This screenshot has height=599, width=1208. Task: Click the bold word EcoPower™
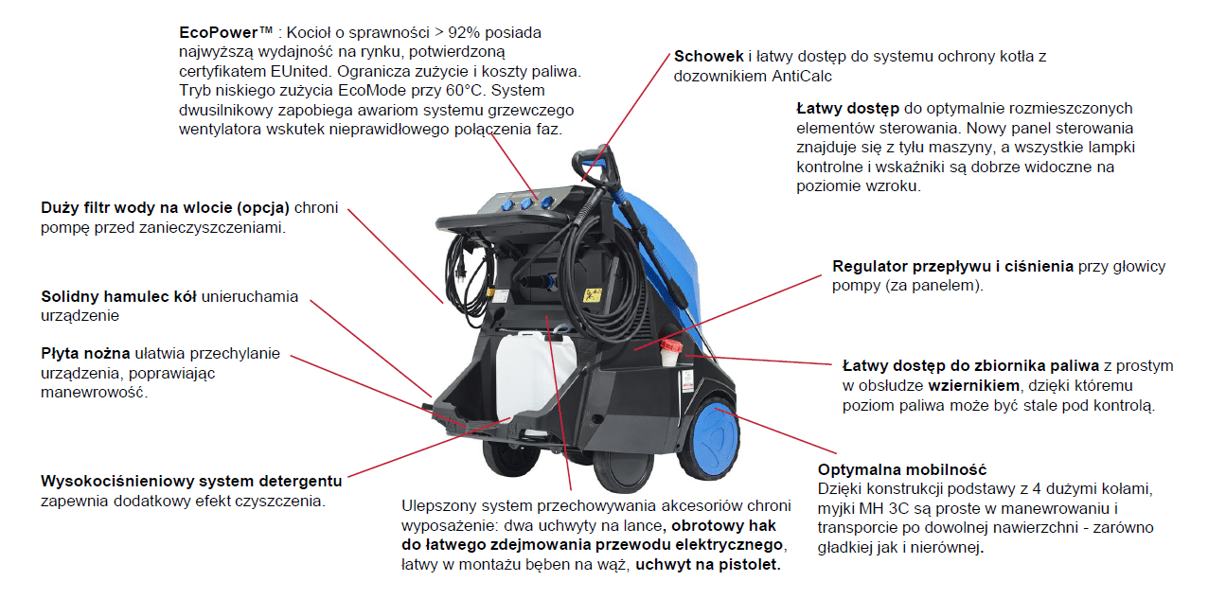[x=226, y=32]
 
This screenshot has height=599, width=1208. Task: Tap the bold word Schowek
[x=709, y=56]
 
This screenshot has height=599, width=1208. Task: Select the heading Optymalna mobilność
[x=901, y=469]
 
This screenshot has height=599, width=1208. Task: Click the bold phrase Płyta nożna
[x=85, y=353]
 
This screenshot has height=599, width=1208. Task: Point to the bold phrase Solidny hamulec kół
[x=118, y=296]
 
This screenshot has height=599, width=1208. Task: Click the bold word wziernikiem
[x=973, y=385]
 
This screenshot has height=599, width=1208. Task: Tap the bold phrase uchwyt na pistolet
[x=707, y=565]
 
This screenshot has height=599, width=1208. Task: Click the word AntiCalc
[x=801, y=76]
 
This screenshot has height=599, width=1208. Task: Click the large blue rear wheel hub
[x=713, y=438]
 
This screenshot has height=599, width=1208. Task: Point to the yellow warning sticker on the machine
[x=592, y=295]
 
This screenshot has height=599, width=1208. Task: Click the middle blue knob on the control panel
[x=525, y=203]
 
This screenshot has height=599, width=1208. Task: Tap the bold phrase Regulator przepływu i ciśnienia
[x=952, y=266]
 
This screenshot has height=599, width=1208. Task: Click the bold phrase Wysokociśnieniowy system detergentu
[x=191, y=481]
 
